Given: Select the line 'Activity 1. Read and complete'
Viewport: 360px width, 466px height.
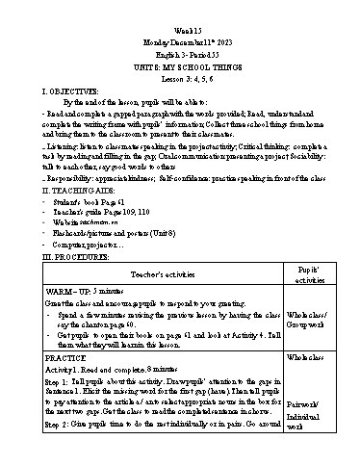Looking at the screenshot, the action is click(106, 368).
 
